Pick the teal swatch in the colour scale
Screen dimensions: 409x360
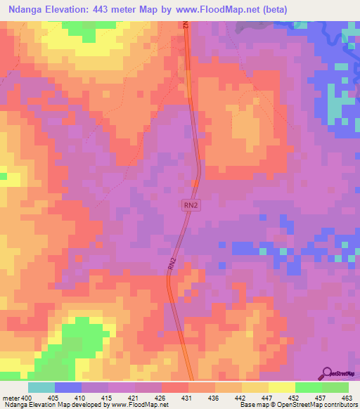tap(41, 387)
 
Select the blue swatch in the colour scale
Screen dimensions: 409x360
tap(68, 387)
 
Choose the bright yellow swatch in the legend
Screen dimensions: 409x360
tap(282, 387)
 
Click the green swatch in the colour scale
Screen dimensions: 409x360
tap(309, 387)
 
